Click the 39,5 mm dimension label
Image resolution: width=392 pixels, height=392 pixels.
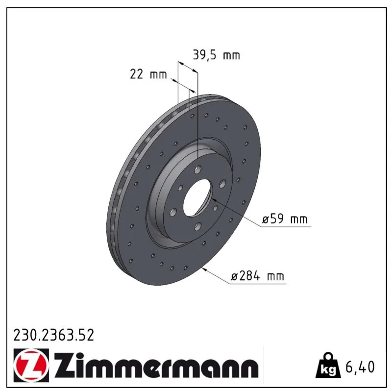click(216, 55)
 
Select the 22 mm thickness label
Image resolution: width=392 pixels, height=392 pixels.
click(148, 74)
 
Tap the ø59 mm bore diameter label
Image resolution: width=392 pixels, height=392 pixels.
click(285, 219)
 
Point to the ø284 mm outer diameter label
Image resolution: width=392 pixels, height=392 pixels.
click(258, 276)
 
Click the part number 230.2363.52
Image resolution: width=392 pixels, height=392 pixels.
click(53, 335)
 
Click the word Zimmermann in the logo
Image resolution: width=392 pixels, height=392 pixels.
click(156, 365)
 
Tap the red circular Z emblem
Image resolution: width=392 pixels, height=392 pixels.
click(31, 366)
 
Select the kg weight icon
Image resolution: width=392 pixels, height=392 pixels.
click(328, 366)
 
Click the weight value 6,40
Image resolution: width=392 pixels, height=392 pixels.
click(360, 367)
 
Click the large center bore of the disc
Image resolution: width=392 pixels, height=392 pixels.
click(197, 198)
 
